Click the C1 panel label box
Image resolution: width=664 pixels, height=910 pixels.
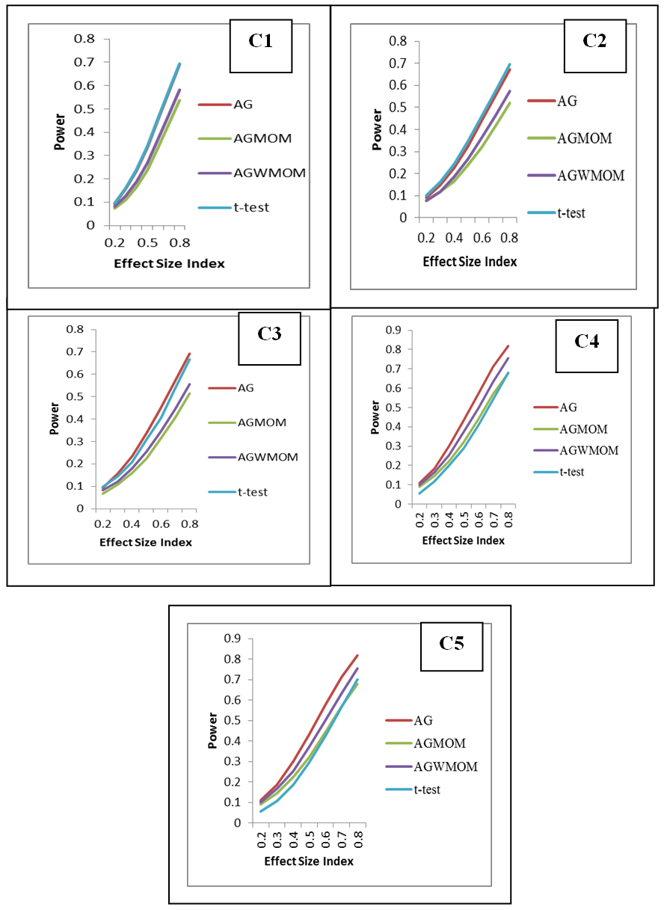(x=260, y=42)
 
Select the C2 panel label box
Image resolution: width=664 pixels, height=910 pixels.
(x=594, y=40)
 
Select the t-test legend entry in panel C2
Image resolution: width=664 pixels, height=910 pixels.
(x=571, y=213)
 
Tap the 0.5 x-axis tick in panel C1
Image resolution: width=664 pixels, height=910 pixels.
(x=147, y=244)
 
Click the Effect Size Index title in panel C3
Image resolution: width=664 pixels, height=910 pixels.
(x=146, y=542)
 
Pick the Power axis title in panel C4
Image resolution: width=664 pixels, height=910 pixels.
(x=375, y=417)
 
